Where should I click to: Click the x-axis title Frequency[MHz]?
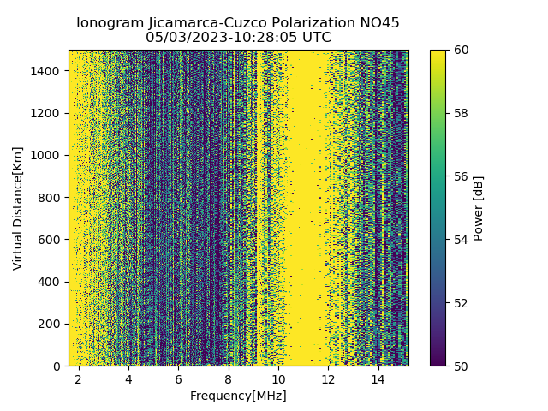[x=238, y=396]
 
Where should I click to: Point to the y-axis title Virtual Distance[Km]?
[x=18, y=208]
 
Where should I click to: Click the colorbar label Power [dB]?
[x=479, y=208]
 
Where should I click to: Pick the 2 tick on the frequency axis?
[x=79, y=378]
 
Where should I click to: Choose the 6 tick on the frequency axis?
[x=178, y=378]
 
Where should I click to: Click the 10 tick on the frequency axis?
[x=278, y=378]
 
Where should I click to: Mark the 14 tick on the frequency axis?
[x=378, y=378]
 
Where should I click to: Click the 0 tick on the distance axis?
[x=58, y=366]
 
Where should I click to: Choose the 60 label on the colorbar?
[x=462, y=50]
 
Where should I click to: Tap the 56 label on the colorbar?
[x=462, y=176]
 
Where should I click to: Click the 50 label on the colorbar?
[x=462, y=366]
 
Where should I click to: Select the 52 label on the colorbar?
[x=462, y=302]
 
